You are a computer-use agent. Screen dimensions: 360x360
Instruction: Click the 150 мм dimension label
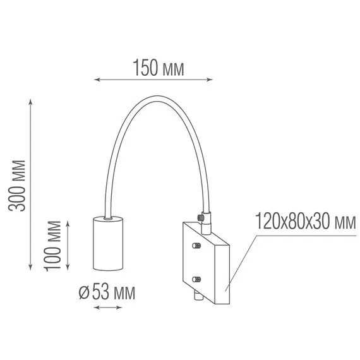[159, 68]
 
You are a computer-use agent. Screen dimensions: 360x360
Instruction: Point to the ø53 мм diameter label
[107, 292]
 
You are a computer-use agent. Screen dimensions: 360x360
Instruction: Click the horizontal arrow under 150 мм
[153, 80]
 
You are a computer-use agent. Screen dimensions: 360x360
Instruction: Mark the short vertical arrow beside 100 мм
[68, 246]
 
